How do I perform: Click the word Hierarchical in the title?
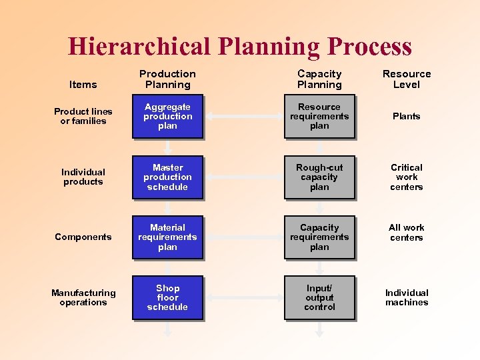137,47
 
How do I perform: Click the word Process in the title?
369,47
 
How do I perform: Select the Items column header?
83,85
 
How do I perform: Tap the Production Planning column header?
167,79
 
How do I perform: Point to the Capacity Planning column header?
319,79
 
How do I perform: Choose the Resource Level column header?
407,79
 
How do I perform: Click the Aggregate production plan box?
167,117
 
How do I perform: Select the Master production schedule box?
167,177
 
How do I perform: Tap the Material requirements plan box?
167,237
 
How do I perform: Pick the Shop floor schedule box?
167,297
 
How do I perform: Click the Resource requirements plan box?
319,117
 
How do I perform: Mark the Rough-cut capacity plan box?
319,177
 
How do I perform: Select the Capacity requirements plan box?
319,237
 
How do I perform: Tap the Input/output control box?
319,297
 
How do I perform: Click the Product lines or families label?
83,117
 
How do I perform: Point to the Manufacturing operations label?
83,297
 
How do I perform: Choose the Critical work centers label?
407,177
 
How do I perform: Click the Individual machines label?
407,297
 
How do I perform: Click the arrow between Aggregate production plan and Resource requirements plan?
243,117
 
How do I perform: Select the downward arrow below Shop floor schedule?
168,329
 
